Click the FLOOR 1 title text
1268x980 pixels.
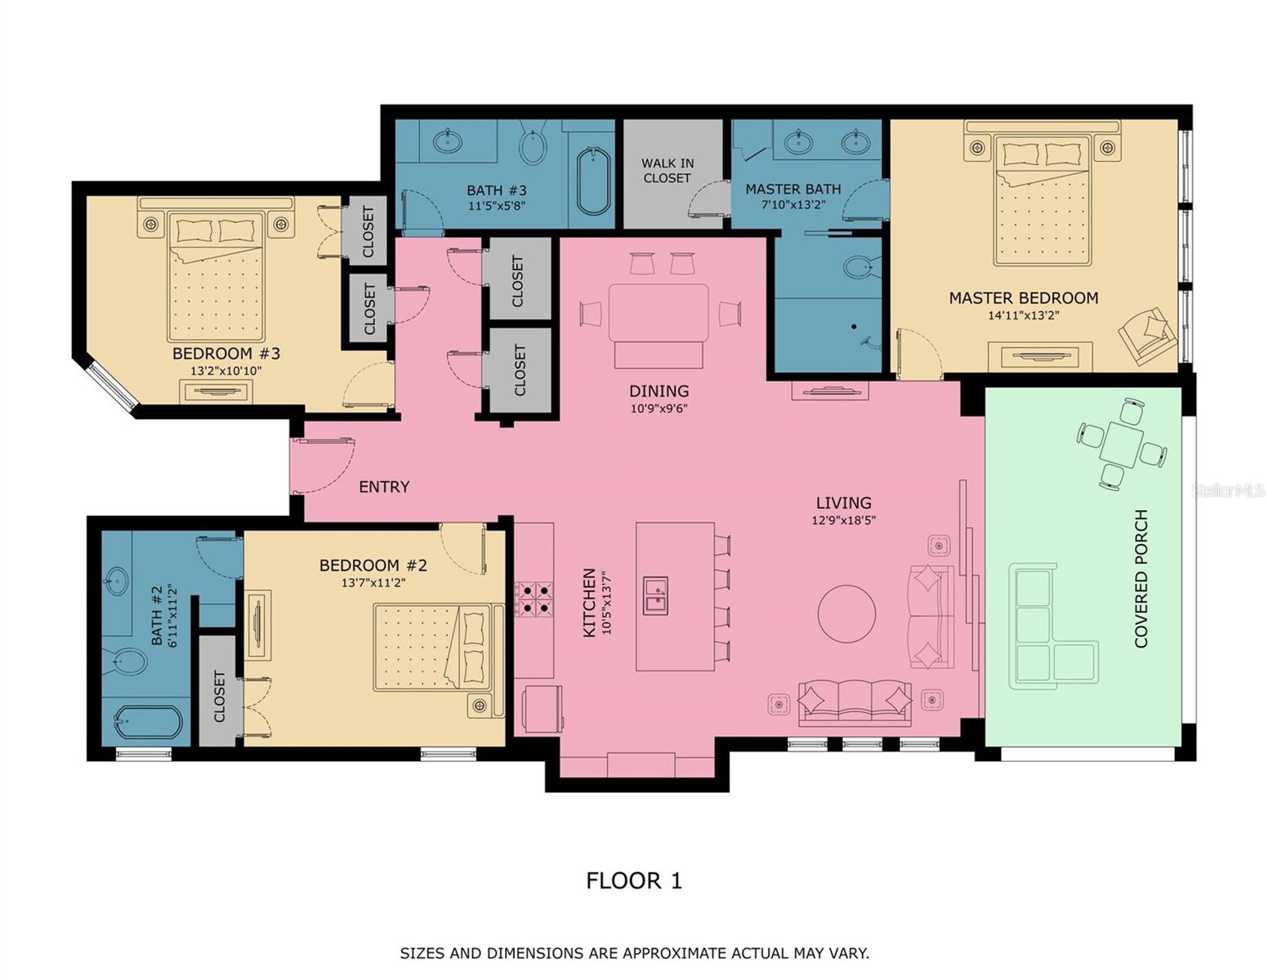633,880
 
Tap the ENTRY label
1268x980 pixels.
384,487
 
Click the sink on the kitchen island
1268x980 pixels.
655,595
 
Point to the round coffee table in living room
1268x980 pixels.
846,614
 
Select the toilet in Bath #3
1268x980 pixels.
533,147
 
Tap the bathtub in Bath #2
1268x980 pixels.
148,722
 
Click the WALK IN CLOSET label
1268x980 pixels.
667,171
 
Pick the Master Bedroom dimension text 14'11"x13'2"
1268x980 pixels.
1023,315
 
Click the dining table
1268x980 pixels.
659,313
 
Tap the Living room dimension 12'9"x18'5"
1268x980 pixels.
844,519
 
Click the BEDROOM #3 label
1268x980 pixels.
226,354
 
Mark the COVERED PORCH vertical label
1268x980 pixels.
1141,578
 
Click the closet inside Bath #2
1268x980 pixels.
218,691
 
